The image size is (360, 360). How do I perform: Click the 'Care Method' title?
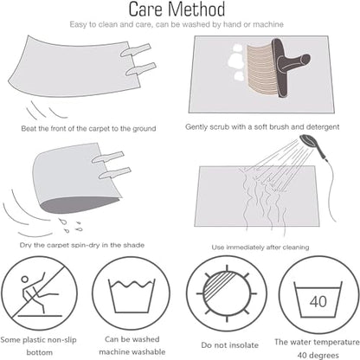click(177, 10)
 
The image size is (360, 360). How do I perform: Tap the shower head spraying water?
click(308, 141)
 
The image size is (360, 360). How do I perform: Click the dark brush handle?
click(290, 67)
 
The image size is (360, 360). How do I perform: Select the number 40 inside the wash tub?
click(318, 301)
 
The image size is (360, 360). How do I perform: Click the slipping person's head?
click(25, 280)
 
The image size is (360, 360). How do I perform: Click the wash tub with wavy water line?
click(132, 296)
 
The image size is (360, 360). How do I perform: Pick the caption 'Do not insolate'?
click(230, 345)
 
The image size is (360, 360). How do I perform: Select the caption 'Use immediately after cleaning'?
click(260, 247)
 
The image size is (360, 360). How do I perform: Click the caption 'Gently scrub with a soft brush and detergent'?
click(262, 126)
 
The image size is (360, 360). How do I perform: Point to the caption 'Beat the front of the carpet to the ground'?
click(88, 128)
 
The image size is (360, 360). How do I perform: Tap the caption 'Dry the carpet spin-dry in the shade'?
click(82, 245)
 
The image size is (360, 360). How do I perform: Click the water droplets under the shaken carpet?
click(70, 225)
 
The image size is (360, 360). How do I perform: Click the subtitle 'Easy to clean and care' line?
click(177, 24)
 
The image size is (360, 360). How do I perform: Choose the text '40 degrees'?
click(318, 355)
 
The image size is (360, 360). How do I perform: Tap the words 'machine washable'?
click(132, 352)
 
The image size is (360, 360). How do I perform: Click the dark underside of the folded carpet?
click(80, 206)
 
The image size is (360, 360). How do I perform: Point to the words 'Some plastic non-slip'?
click(38, 340)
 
